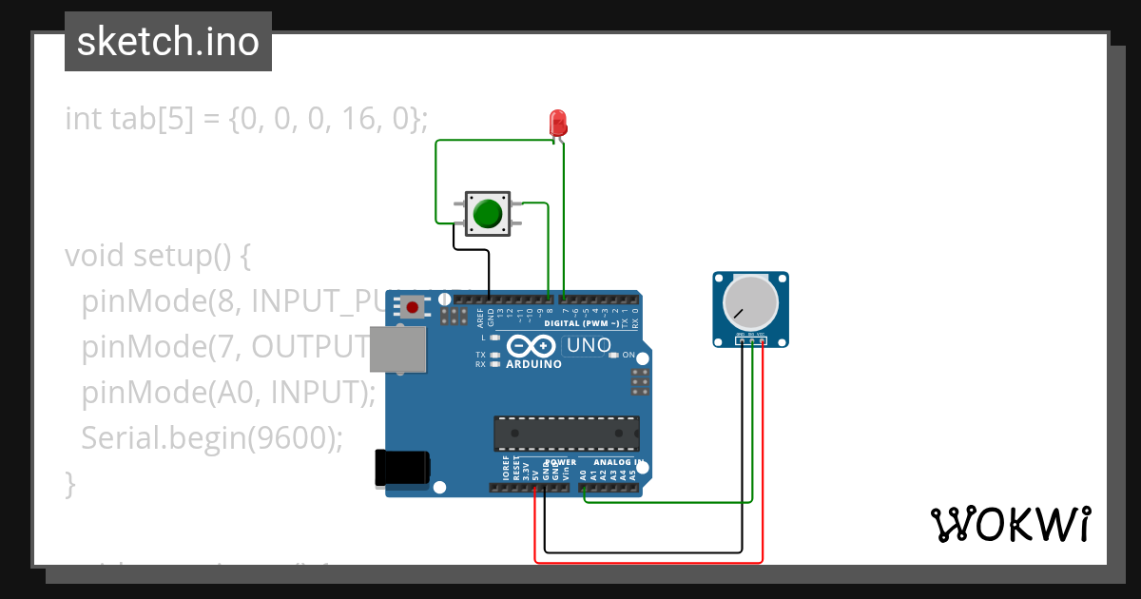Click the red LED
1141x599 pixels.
(x=558, y=122)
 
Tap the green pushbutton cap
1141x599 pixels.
(x=488, y=214)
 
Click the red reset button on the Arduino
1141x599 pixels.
(x=413, y=307)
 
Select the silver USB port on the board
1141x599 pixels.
(x=397, y=349)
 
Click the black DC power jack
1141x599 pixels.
(x=401, y=467)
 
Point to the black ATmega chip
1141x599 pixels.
(x=566, y=434)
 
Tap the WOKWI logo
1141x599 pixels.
(x=1010, y=524)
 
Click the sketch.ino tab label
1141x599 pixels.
(x=168, y=42)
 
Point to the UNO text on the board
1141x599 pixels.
(x=587, y=346)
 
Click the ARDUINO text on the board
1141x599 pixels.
(x=533, y=364)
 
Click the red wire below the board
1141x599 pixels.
(x=647, y=562)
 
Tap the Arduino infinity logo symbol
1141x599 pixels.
(x=530, y=346)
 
